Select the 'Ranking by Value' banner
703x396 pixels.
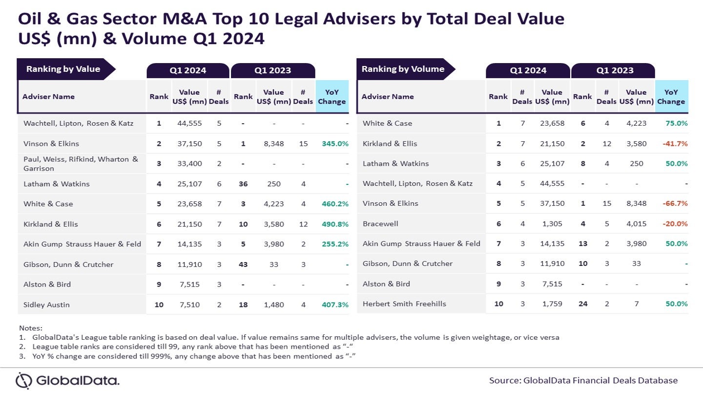[63, 69]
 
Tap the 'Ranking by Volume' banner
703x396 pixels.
[403, 69]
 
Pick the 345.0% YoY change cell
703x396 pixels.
[335, 144]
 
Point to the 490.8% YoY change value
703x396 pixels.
[335, 224]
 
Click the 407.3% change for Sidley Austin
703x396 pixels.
[335, 305]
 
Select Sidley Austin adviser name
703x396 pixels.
[46, 305]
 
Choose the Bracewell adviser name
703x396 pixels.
[380, 223]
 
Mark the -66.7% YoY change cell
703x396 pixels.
[675, 203]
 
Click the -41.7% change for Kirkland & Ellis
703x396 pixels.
[675, 144]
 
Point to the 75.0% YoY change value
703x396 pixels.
[677, 123]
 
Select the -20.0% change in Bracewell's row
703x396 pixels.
[675, 223]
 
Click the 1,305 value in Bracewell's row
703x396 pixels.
[552, 223]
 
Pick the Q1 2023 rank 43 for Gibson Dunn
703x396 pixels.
[243, 264]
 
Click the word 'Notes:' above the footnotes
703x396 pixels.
[31, 328]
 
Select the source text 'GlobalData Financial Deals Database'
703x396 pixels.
[600, 380]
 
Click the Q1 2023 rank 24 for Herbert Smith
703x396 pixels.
[582, 304]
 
